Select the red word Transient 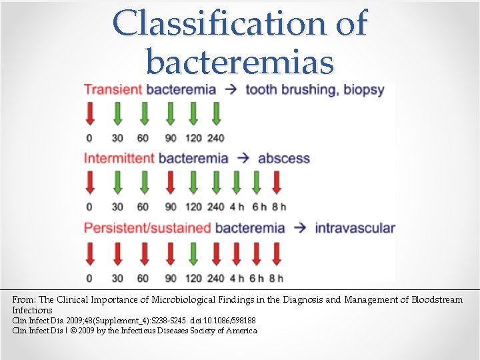click(113, 89)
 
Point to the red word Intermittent click(119, 159)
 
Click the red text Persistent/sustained click(147, 228)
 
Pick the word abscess click(284, 159)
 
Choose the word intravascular click(355, 228)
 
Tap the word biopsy click(364, 89)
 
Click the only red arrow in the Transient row click(90, 113)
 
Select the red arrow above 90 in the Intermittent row click(171, 182)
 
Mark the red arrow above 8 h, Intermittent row click(277, 182)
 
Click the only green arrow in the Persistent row click(193, 253)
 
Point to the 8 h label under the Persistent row click(277, 277)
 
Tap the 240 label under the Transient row click(215, 138)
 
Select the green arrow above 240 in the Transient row click(215, 113)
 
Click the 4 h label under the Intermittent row click(237, 207)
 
